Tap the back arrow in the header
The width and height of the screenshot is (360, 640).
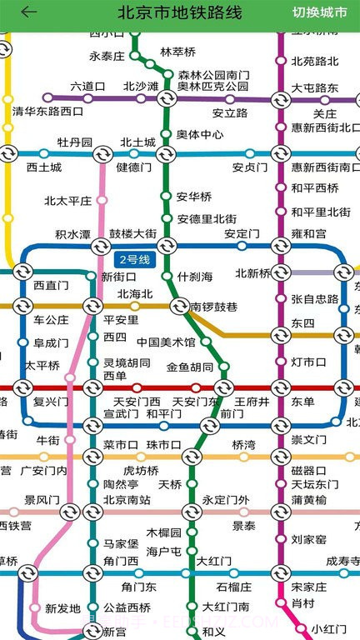coord(29,12)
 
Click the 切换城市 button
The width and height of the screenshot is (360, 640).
coord(320,12)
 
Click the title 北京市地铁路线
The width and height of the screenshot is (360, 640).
coord(179,12)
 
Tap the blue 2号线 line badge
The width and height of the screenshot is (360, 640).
coord(133,260)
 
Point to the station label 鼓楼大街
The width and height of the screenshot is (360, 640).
coord(132,233)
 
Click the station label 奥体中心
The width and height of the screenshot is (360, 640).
coord(200,134)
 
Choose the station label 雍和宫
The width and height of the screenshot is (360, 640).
coord(309,234)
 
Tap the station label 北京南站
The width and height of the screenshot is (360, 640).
coord(127,500)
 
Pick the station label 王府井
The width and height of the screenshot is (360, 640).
coord(252,402)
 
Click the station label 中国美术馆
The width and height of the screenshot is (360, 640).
coord(166,342)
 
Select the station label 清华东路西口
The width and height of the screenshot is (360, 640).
coord(48,112)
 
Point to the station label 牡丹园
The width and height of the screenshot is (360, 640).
coord(75,142)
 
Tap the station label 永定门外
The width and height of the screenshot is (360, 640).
coord(226,500)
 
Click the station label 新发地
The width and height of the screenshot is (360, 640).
coord(62,608)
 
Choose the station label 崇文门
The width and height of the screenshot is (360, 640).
coord(309,439)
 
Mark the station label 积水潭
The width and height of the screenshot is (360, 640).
coord(73,234)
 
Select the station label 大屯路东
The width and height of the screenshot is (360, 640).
coord(315,87)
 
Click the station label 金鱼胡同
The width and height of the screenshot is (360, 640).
coord(190,367)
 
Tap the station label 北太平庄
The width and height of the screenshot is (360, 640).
coord(68,201)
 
